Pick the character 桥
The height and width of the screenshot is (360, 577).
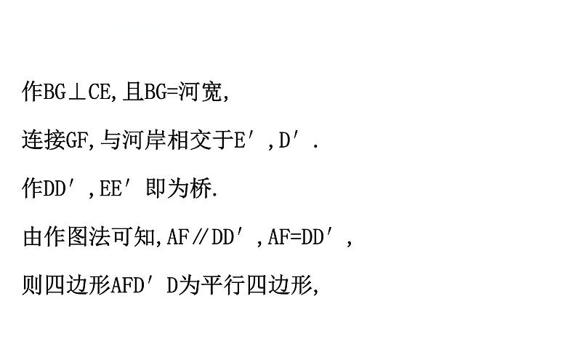pos(205,188)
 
